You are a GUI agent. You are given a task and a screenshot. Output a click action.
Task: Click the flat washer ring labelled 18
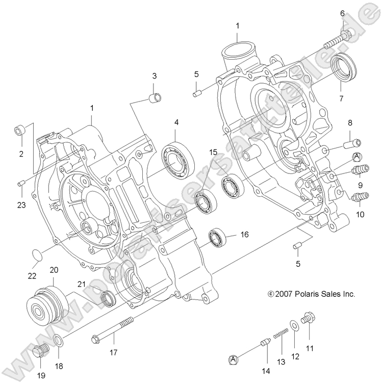click(59, 340)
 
